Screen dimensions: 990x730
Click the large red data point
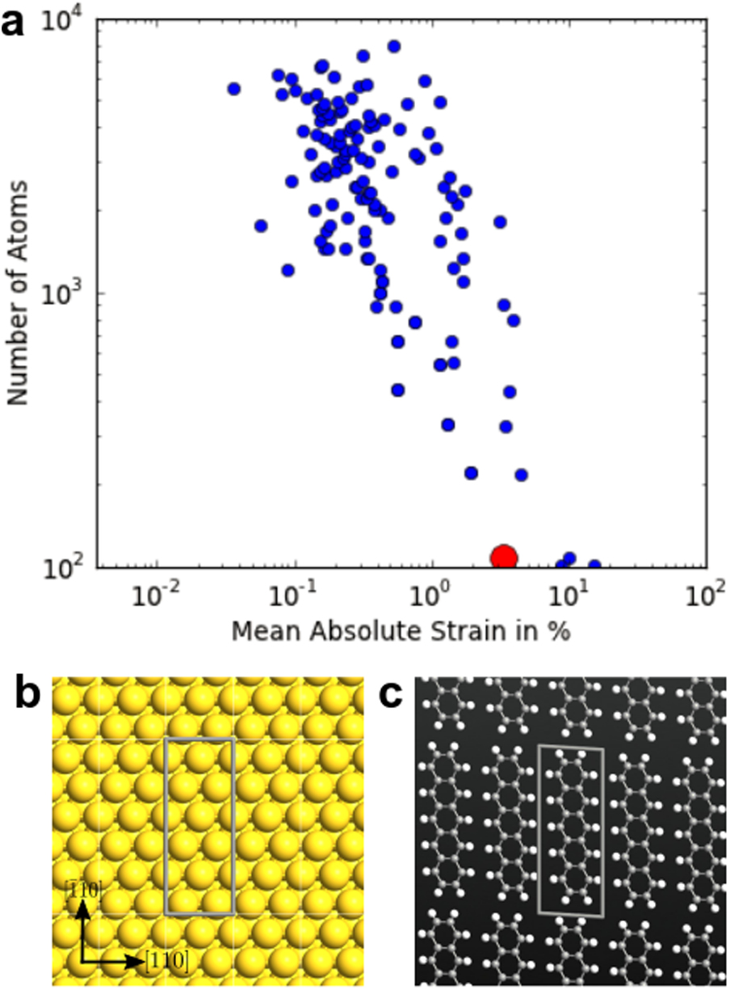click(504, 557)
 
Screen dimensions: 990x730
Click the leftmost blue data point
click(234, 89)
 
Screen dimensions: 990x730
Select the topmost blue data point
click(394, 46)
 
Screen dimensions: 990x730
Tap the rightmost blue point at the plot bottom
click(594, 566)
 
